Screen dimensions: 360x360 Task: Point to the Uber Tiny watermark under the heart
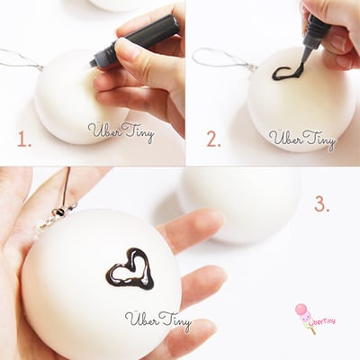point(157,320)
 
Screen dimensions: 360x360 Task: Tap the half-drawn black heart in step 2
point(287,71)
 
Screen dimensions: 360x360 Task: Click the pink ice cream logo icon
point(301,313)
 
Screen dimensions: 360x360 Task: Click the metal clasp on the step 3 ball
point(59,214)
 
